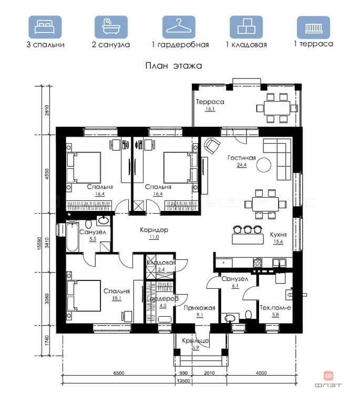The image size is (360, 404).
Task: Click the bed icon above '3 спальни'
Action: click(45, 27)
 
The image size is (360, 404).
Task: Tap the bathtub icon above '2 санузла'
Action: click(111, 27)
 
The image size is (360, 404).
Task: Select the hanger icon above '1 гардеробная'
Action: click(179, 27)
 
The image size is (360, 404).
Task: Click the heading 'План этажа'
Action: click(174, 66)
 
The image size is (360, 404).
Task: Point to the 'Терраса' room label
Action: click(210, 102)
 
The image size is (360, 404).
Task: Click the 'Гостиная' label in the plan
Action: click(242, 158)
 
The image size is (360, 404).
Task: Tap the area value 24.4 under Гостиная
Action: click(242, 165)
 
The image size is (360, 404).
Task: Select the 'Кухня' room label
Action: click(278, 235)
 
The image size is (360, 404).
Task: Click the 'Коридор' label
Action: click(154, 229)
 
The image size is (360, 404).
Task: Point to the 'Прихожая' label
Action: click(199, 308)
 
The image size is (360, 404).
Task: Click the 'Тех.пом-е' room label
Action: click(275, 307)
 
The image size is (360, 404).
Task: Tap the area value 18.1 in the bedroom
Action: click(117, 298)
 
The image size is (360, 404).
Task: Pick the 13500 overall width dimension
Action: click(183, 381)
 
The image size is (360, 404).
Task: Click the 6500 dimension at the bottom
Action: click(119, 373)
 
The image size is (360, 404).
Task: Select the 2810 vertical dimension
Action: click(47, 110)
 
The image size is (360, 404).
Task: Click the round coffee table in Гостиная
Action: click(264, 165)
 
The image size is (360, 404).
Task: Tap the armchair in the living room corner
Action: click(212, 146)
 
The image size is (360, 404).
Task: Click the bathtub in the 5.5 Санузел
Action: click(72, 236)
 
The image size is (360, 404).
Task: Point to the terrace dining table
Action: click(277, 108)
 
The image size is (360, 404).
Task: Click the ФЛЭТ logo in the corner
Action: click(328, 379)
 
